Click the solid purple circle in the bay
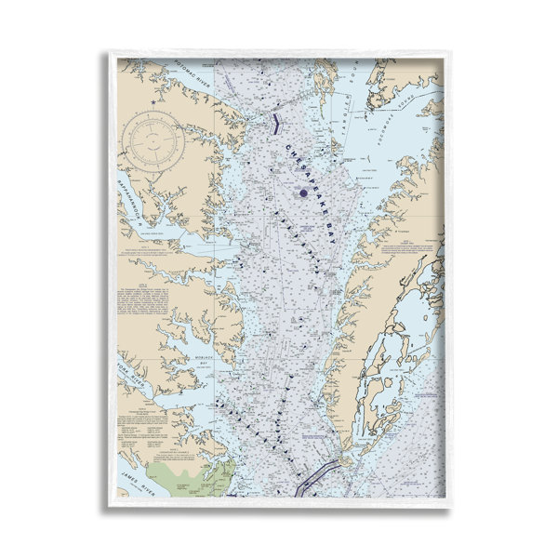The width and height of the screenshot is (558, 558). point(303,193)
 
